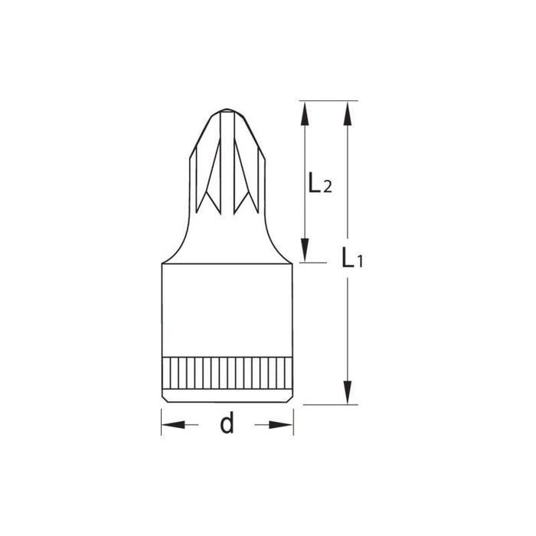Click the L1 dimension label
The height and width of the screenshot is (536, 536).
(x=351, y=258)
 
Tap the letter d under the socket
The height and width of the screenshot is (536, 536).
(x=227, y=423)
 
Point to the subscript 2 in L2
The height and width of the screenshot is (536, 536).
(x=327, y=187)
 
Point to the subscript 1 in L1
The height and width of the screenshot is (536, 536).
(x=359, y=263)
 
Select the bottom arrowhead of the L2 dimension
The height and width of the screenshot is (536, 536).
(x=305, y=250)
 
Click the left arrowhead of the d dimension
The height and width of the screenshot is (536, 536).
(x=172, y=424)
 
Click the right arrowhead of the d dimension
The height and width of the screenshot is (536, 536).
(x=283, y=424)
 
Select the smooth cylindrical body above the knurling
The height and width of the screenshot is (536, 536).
(x=227, y=310)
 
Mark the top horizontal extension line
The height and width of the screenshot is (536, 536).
(x=329, y=100)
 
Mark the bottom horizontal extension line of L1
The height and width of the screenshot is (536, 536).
(x=329, y=404)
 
